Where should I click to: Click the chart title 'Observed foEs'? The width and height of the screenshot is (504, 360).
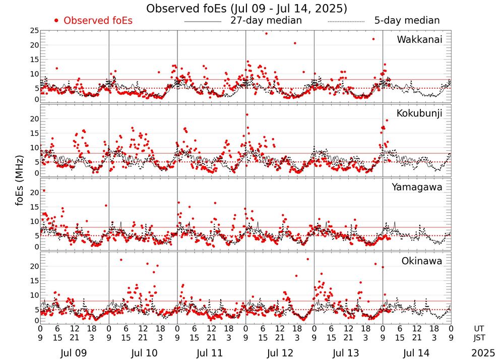[246, 9]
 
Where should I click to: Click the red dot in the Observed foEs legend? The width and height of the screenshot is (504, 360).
[56, 21]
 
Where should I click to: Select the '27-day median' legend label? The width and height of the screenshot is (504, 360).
[266, 21]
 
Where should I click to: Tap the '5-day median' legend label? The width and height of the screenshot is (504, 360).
[407, 21]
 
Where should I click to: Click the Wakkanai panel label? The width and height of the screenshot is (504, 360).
[419, 40]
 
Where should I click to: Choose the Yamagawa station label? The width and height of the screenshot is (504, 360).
[417, 188]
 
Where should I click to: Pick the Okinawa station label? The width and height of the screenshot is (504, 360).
[421, 261]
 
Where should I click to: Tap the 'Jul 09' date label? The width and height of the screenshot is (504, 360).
[74, 353]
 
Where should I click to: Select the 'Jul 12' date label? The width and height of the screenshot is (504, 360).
[280, 353]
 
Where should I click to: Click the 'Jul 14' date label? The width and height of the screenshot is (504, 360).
[416, 353]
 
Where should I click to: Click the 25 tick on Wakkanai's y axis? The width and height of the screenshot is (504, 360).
[34, 31]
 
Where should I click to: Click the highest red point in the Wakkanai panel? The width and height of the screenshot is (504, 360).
[266, 33]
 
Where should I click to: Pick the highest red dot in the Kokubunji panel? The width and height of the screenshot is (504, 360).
[247, 114]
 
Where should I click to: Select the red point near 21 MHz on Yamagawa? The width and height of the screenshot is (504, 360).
[44, 191]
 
